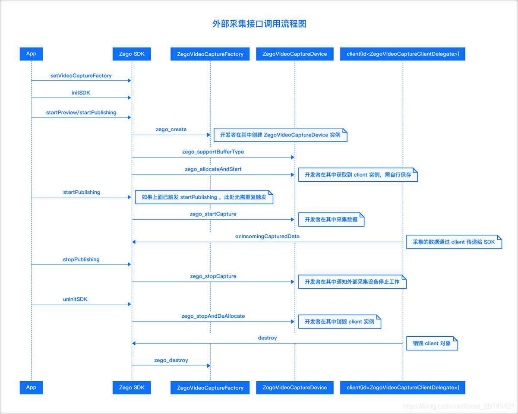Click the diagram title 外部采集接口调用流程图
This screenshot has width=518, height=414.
[259, 24]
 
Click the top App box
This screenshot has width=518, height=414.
[31, 54]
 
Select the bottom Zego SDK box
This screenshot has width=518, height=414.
[132, 387]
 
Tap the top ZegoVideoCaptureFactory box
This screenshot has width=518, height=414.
[210, 54]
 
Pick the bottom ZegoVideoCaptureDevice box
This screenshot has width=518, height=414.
[294, 387]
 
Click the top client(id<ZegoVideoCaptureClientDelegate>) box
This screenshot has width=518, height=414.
[403, 54]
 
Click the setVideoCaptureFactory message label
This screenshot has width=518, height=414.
[81, 76]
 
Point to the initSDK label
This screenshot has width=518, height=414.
[81, 92]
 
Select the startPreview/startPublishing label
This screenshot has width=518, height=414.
[81, 112]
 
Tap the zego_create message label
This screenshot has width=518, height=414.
[171, 129]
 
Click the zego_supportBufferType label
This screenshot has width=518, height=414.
[213, 152]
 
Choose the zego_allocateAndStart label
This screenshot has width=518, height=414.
[213, 169]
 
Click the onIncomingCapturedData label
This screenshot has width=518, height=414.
[267, 236]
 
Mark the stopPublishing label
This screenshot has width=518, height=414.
[81, 259]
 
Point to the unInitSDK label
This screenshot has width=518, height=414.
[76, 299]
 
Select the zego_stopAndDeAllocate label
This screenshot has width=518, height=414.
[213, 316]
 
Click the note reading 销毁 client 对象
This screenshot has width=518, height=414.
[432, 344]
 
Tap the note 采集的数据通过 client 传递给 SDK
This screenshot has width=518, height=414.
[454, 242]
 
